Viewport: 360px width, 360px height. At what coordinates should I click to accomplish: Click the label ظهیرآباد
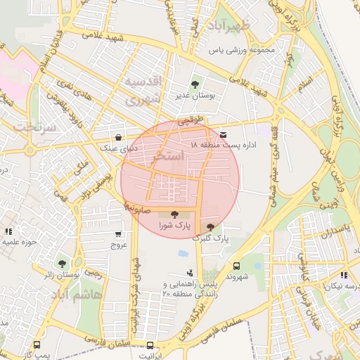[243, 27]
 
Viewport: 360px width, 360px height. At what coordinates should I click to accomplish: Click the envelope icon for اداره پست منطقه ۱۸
[224, 134]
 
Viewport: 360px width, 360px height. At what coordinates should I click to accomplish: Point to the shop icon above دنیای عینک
[117, 137]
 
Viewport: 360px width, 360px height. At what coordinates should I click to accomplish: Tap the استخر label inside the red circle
[167, 155]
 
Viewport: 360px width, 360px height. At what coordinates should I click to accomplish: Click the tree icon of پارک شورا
[174, 214]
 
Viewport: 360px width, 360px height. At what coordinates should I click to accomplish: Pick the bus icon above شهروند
[236, 266]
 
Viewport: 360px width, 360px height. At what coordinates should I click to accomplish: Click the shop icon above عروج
[117, 234]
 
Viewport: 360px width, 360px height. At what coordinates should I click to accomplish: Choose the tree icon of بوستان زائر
[63, 264]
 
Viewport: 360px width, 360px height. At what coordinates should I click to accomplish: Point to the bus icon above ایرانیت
[150, 345]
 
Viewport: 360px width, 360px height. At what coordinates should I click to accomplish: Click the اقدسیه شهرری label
[144, 91]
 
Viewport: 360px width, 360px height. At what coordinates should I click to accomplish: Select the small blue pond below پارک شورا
[183, 253]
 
